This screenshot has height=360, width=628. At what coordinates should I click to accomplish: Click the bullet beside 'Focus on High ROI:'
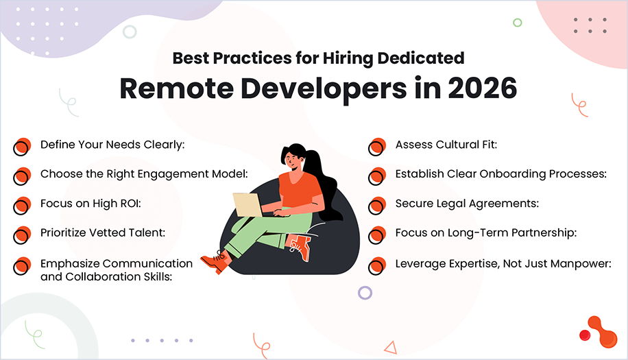(x=23, y=205)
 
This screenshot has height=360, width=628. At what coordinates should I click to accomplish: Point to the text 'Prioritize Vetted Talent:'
(x=103, y=233)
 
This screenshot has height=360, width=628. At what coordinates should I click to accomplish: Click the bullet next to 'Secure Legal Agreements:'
(x=377, y=205)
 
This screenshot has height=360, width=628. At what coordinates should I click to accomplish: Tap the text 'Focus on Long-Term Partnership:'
(x=485, y=233)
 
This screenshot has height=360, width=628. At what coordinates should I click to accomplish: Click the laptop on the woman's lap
(x=248, y=204)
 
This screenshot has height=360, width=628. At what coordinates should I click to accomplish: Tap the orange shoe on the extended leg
(x=215, y=261)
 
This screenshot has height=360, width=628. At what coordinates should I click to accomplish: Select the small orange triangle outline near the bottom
(x=390, y=348)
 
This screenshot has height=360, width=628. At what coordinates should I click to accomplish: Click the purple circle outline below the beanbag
(x=365, y=293)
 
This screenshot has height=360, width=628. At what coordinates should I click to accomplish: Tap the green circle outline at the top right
(x=517, y=23)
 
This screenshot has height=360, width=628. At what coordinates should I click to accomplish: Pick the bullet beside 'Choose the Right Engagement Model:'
(x=23, y=176)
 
